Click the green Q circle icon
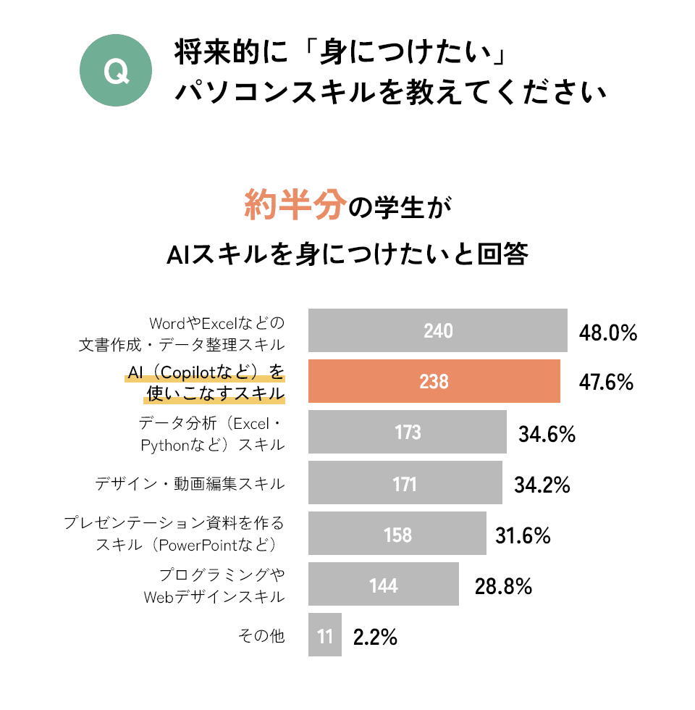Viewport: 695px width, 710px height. pyautogui.click(x=116, y=72)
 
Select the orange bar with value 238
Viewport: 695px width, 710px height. pyautogui.click(x=434, y=381)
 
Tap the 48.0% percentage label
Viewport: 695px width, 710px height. pyautogui.click(x=607, y=333)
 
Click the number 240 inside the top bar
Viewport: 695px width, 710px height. pyautogui.click(x=438, y=331)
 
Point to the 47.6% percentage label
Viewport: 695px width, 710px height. pyautogui.click(x=606, y=382)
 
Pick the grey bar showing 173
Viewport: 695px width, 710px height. pyautogui.click(x=407, y=432)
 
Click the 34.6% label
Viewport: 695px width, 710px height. pyautogui.click(x=547, y=435)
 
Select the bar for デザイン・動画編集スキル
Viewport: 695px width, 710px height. pyautogui.click(x=405, y=483)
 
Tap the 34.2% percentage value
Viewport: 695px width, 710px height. pyautogui.click(x=542, y=485)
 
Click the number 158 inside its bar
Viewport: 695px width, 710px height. pyautogui.click(x=398, y=535)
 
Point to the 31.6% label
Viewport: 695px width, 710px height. pyautogui.click(x=523, y=536)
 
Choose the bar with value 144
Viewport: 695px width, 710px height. pyautogui.click(x=384, y=584)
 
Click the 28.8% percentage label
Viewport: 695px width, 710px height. pyautogui.click(x=503, y=586)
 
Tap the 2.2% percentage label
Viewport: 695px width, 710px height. pyautogui.click(x=375, y=638)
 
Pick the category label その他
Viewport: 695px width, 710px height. pyautogui.click(x=261, y=636)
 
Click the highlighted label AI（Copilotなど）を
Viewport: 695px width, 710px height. pyautogui.click(x=206, y=372)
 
